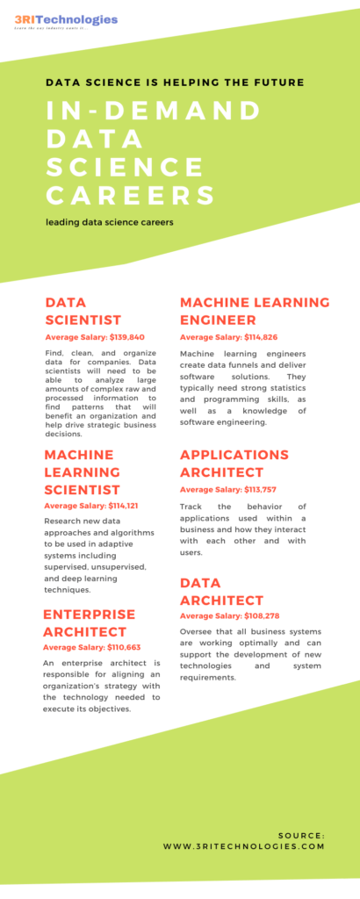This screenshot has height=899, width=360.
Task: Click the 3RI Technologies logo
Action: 66,20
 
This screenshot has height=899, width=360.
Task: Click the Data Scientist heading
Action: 83,311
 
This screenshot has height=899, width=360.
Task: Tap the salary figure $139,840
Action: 124,337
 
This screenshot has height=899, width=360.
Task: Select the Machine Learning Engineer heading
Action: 255,311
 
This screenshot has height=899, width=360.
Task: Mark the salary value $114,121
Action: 119,506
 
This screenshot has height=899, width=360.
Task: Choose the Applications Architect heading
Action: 234,464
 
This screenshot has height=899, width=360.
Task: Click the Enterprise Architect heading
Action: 90,622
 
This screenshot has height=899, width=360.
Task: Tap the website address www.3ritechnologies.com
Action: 244,846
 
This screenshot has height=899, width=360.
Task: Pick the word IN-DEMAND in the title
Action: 154,111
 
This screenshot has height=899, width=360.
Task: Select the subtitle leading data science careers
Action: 110,222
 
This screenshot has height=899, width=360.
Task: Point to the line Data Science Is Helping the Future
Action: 176,83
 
